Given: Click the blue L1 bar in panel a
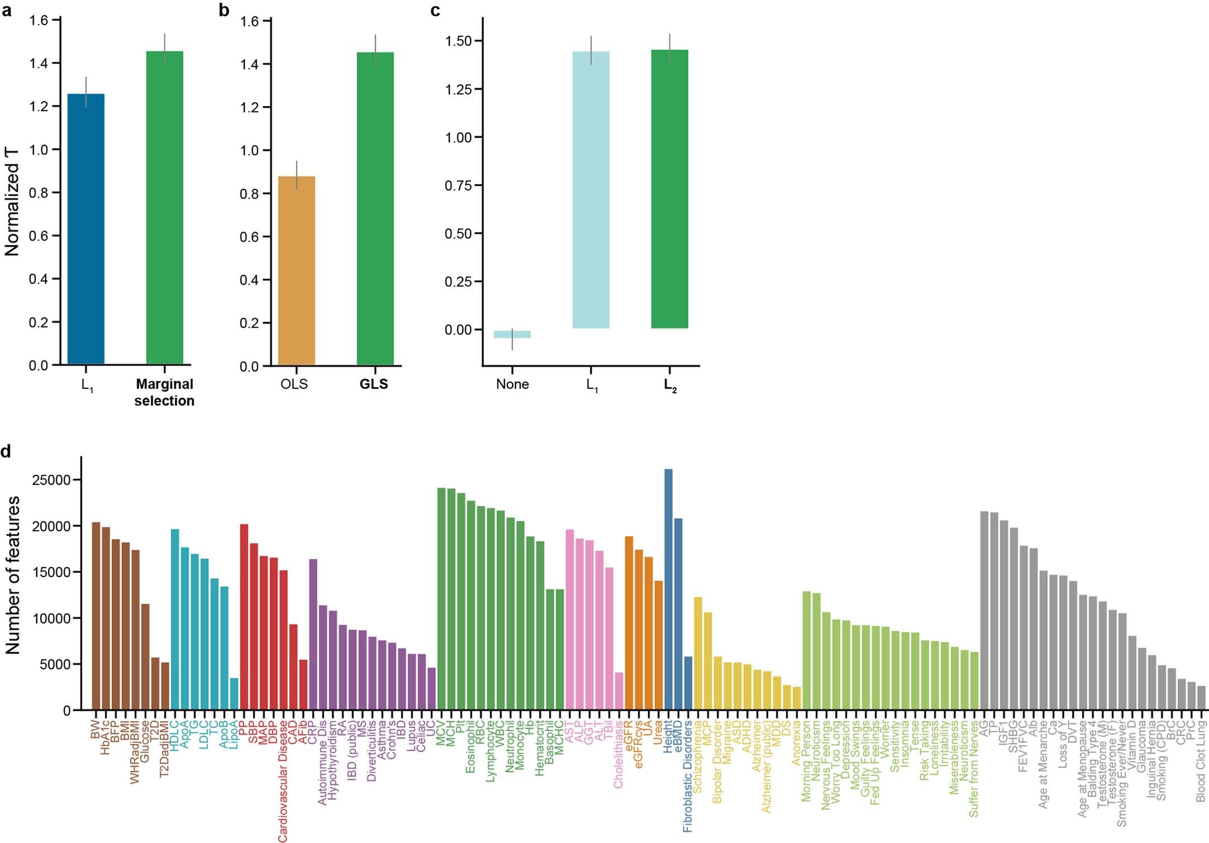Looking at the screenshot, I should (x=85, y=229).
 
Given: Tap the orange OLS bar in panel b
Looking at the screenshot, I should (x=296, y=271).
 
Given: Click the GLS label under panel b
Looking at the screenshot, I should (x=373, y=384).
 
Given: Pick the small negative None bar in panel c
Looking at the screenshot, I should (x=512, y=334).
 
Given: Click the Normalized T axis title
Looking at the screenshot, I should (x=12, y=202).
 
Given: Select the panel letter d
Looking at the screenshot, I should (x=6, y=451).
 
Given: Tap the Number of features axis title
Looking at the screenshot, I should (x=12, y=575).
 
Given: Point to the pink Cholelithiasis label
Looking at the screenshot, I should (x=618, y=754).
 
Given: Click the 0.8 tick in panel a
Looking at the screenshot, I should (x=39, y=193).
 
